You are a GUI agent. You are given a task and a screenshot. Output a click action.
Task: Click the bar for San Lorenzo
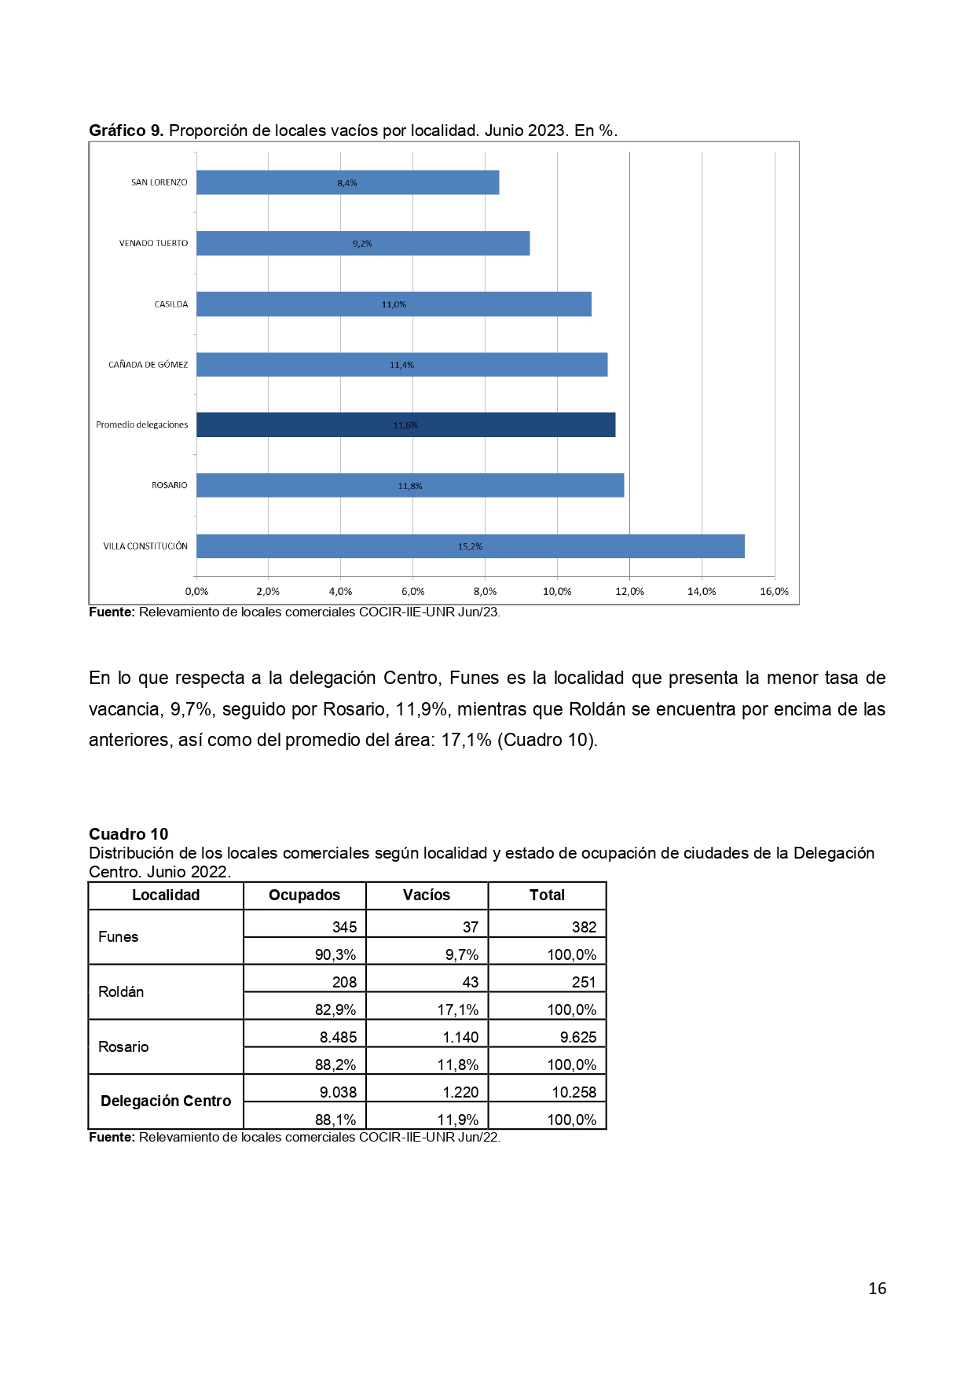pos(347,182)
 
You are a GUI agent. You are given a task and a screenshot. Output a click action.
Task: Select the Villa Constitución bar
pos(470,546)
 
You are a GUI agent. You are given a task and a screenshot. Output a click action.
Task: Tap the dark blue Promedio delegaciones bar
pos(405,425)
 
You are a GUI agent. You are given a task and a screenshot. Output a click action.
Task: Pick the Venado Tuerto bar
pos(362,244)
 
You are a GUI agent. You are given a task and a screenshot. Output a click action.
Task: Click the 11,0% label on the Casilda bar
pos(394,304)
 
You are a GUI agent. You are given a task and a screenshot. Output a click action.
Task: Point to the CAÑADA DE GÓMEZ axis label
pos(148,365)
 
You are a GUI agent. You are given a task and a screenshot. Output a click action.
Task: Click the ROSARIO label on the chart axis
pos(169,486)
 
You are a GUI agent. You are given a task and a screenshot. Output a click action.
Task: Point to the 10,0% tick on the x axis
pos(557,592)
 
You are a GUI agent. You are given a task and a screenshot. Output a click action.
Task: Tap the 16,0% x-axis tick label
pos(774,592)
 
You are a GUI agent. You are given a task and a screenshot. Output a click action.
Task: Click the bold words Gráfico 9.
pos(126,131)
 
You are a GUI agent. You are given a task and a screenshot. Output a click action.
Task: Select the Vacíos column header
pos(427,895)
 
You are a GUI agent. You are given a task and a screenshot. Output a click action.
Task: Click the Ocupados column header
pos(304,895)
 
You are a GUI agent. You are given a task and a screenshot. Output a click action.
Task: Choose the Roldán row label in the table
pos(121,992)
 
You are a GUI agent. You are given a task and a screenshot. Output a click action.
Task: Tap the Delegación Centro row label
pos(166,1101)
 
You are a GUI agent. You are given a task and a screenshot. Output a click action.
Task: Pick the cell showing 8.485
pos(338,1038)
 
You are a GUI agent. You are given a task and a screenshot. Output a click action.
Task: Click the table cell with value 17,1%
pos(457,1010)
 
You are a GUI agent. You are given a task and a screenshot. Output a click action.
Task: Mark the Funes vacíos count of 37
pos(470,928)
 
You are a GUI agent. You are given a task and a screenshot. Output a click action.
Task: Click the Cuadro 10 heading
pos(128,834)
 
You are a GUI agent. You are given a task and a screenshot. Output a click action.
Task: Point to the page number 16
pos(877,1289)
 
